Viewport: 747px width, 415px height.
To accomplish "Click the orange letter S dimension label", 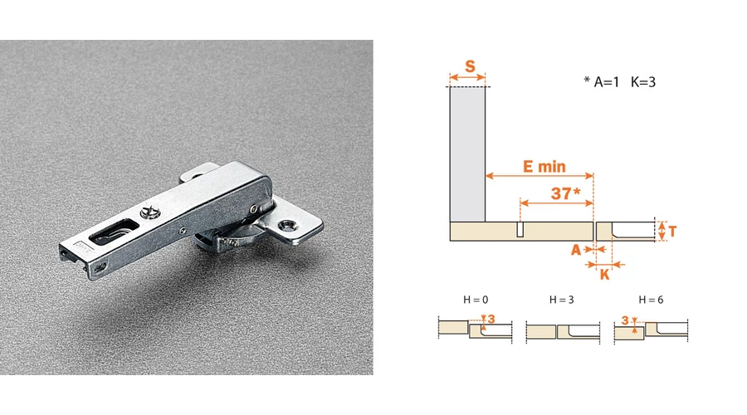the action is coord(470,66).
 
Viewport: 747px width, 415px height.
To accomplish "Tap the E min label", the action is coord(544,166).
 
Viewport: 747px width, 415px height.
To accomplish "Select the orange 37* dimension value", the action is coord(565,193).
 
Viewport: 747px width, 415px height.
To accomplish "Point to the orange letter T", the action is coord(672,232).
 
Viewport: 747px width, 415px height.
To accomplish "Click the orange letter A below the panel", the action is coord(577,250).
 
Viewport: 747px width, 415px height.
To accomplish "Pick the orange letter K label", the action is coord(604,275).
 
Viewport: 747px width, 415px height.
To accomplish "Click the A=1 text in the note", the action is coord(607,82).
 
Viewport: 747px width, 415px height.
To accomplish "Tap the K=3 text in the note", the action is coord(643,82).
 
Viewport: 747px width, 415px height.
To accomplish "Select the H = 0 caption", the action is coord(476,300).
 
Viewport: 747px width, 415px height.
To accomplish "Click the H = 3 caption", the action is coord(562,300).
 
